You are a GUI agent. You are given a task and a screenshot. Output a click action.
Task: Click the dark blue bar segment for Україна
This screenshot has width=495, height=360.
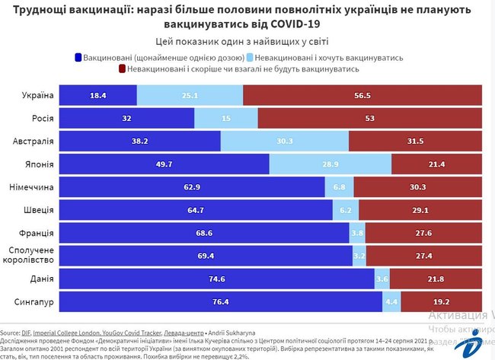(97, 95)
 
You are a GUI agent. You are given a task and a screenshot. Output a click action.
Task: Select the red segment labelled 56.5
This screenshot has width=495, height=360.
(362, 95)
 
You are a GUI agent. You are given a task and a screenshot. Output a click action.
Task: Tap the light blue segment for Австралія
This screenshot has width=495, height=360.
(284, 141)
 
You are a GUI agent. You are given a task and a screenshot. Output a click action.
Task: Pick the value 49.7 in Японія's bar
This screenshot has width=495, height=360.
(164, 164)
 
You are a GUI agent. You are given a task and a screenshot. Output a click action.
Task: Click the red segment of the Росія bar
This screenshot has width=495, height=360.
(369, 118)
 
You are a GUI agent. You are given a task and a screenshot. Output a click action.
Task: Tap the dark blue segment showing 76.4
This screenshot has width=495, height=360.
(220, 302)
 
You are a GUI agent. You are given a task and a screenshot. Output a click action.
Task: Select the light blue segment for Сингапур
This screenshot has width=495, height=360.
(391, 302)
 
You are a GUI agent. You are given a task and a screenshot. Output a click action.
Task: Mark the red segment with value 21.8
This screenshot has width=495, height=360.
(436, 279)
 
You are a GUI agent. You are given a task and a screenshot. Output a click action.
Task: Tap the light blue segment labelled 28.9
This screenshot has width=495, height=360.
(330, 164)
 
